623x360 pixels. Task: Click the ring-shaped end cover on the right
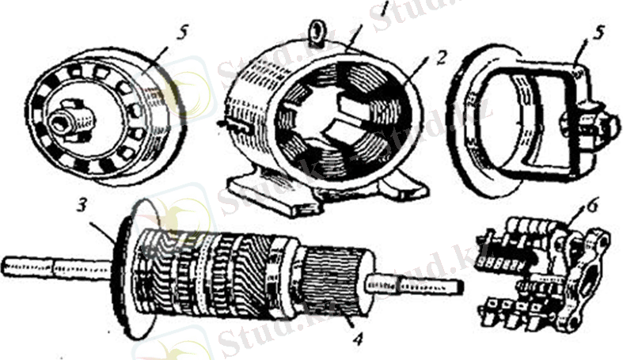[x=522, y=119]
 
